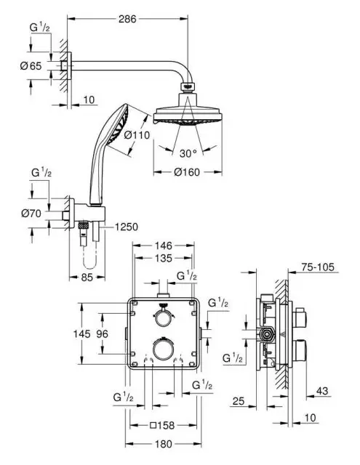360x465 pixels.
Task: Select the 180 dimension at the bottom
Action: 164,444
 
